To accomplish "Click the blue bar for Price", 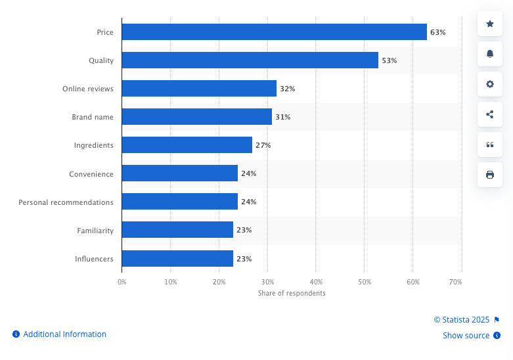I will [274, 32].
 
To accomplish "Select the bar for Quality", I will [250, 60].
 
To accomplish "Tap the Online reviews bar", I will [199, 89].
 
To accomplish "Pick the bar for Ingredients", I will [187, 145].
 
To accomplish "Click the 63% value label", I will [438, 32].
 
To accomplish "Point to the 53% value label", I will [390, 60].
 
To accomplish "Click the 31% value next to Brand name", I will [282, 117].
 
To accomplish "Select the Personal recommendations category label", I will [66, 202].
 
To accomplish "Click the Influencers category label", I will [94, 259].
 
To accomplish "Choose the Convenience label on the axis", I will [91, 174].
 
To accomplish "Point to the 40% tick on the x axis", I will [316, 282].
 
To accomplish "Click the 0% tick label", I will [122, 282].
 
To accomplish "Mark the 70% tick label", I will [455, 282].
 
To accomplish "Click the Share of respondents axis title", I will [292, 293].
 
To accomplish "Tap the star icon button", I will [489, 24].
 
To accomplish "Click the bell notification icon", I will [489, 54].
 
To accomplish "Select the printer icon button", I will [489, 175].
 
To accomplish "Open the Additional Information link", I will [64, 334].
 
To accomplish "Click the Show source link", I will [466, 336].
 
